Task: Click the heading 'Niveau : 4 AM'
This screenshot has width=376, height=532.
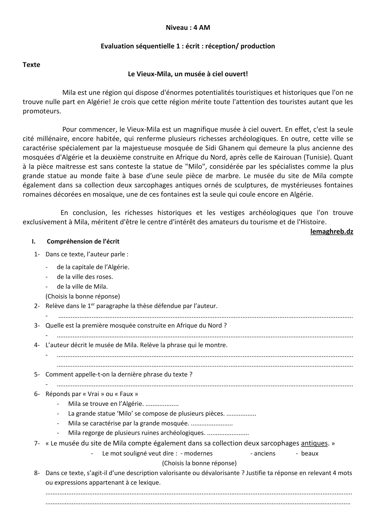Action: click(x=188, y=28)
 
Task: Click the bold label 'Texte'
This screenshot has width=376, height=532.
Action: click(x=31, y=65)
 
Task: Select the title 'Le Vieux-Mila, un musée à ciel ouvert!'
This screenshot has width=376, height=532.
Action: click(x=188, y=74)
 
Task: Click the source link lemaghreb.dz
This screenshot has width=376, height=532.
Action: click(x=331, y=232)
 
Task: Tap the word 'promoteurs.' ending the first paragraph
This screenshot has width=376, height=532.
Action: click(x=42, y=111)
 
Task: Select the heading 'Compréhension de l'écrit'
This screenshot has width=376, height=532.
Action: click(x=83, y=242)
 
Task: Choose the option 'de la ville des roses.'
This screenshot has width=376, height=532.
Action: click(x=85, y=277)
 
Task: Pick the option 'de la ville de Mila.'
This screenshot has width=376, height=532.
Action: click(x=82, y=286)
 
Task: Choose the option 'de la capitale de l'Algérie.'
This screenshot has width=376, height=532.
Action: click(x=93, y=267)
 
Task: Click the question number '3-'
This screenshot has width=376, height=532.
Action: click(x=37, y=326)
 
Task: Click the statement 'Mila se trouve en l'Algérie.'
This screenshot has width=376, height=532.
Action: click(x=106, y=404)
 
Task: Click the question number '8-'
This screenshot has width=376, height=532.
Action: click(x=37, y=473)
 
